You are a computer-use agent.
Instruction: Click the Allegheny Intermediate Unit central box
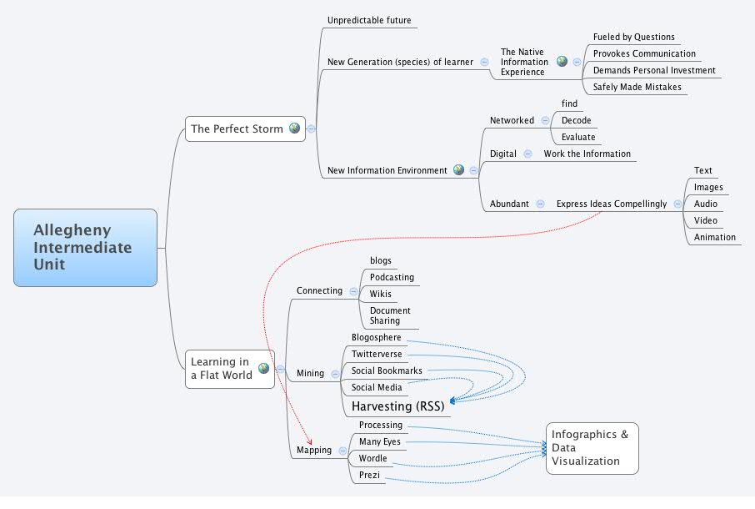click(x=85, y=247)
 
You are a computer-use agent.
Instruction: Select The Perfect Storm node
click(x=237, y=129)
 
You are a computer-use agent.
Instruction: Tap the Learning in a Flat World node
click(x=221, y=368)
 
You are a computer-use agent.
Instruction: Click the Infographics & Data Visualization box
click(x=591, y=448)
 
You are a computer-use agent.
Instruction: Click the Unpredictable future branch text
click(x=369, y=20)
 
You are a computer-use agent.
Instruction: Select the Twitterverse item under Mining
click(x=377, y=355)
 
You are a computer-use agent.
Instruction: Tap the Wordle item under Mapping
click(x=372, y=459)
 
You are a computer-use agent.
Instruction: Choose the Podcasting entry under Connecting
click(x=392, y=277)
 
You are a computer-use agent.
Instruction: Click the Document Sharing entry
click(x=390, y=315)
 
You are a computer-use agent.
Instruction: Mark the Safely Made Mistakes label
click(x=637, y=87)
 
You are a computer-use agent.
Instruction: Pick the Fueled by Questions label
click(x=633, y=37)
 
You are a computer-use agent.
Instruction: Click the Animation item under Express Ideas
click(x=714, y=237)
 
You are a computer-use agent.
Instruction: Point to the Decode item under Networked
click(x=576, y=120)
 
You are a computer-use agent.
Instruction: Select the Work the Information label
click(x=587, y=154)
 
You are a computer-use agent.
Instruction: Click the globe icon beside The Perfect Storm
click(x=294, y=129)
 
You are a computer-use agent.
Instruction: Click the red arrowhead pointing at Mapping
click(x=309, y=441)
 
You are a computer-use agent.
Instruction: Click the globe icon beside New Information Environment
click(x=458, y=170)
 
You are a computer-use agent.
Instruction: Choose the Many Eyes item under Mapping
click(x=379, y=441)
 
